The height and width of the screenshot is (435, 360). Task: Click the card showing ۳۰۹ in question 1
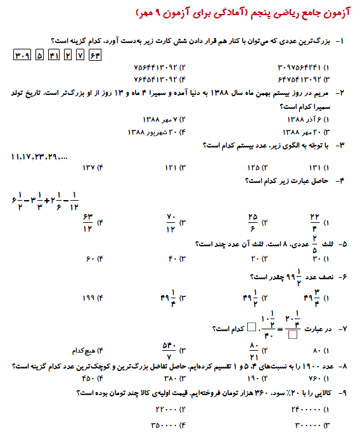click(x=22, y=55)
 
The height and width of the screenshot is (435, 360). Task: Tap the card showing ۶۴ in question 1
click(x=96, y=55)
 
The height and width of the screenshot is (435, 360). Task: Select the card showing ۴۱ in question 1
click(x=54, y=55)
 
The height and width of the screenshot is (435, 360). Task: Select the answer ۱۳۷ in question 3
click(x=93, y=168)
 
